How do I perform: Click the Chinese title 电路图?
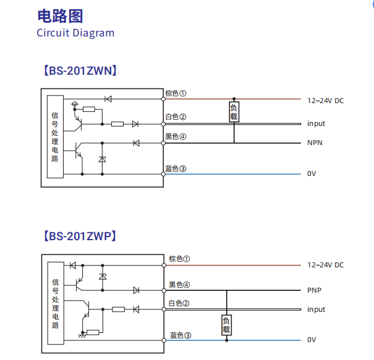[x=60, y=16]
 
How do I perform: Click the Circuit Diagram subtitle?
[x=75, y=33]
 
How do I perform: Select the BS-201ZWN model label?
[x=80, y=70]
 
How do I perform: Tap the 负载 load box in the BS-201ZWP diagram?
[x=226, y=325]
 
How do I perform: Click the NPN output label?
[x=315, y=143]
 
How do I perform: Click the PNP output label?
[x=314, y=290]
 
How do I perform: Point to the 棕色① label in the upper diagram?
[x=176, y=94]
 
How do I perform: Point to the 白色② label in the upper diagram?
[x=176, y=117]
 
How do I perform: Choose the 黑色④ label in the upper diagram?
[x=176, y=136]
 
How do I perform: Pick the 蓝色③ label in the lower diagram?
[x=181, y=335]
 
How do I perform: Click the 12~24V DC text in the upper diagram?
[x=325, y=100]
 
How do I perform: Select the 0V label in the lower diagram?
[x=312, y=340]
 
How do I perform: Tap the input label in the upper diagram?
[x=316, y=123]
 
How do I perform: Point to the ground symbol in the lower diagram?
[x=82, y=335]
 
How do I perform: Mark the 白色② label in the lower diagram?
[x=180, y=303]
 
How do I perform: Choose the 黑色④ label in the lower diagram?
[x=180, y=285]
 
